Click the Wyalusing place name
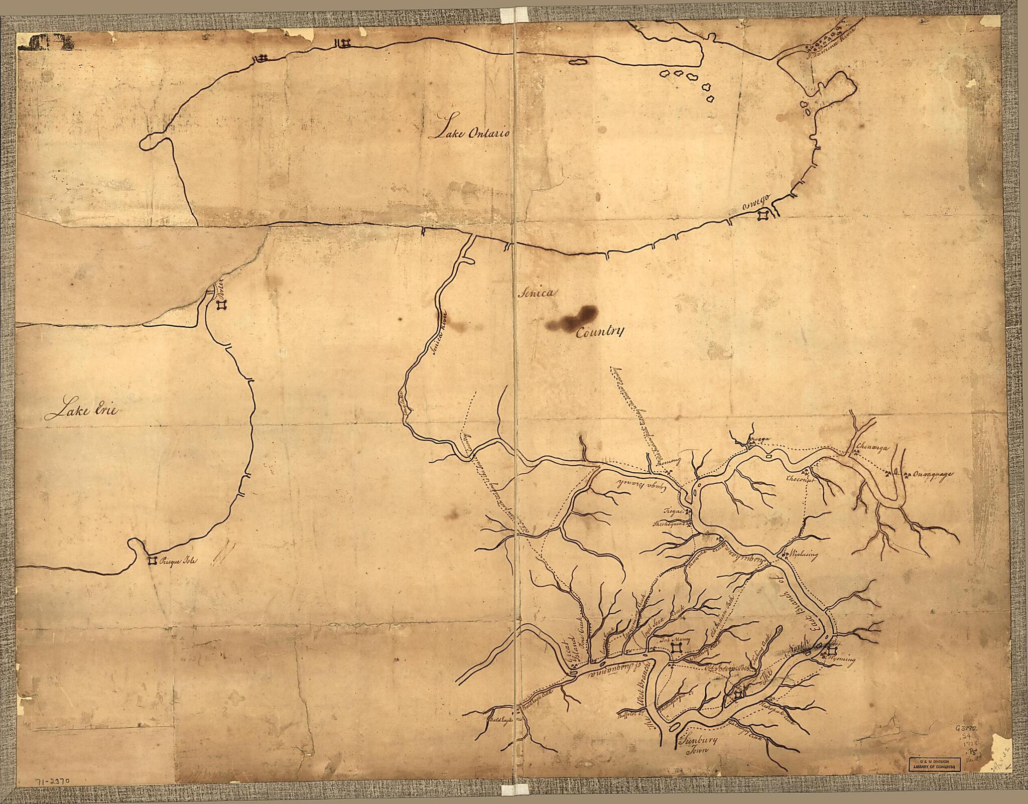tap(804, 555)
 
